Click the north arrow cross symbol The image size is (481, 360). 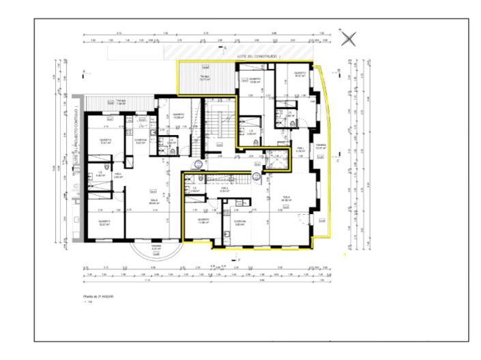[348, 39]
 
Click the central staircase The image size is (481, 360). [219, 127]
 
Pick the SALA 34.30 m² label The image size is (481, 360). [287, 198]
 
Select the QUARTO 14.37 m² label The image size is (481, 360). [300, 74]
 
